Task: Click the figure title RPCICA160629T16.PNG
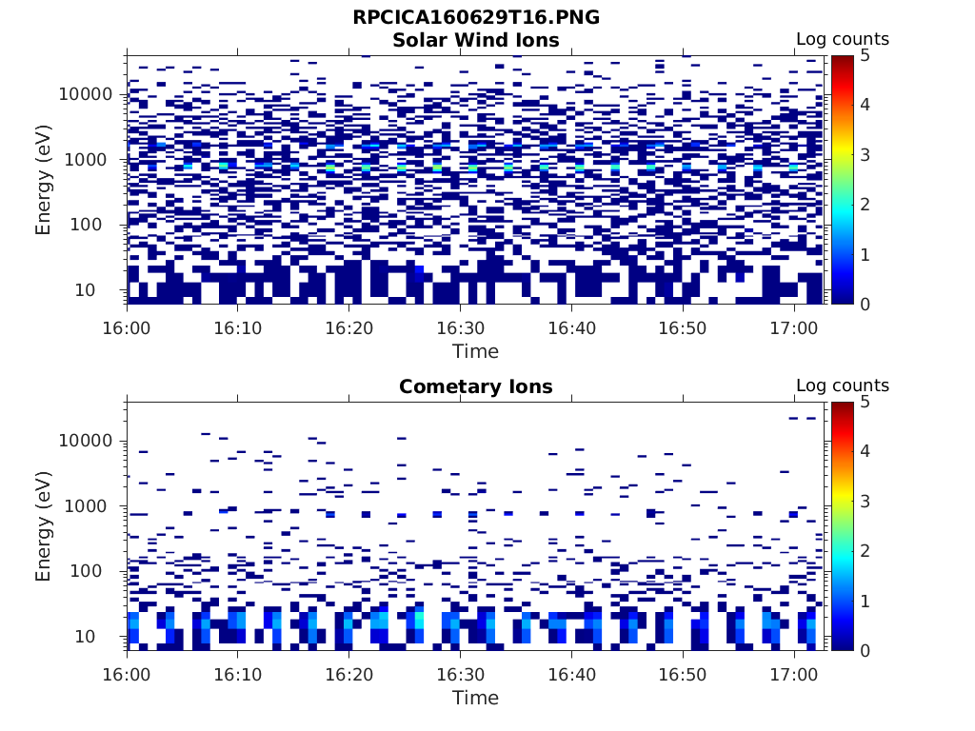tap(476, 17)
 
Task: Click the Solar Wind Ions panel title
tap(476, 40)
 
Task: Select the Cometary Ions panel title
tap(476, 386)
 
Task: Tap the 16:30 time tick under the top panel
tap(460, 327)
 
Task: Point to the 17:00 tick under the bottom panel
tap(794, 674)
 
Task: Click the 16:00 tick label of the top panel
tap(127, 327)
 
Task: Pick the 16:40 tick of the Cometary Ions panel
tap(571, 674)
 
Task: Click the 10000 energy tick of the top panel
tap(87, 94)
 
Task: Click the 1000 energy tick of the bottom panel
tap(91, 506)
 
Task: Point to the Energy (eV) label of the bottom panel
tap(44, 525)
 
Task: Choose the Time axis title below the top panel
tap(475, 351)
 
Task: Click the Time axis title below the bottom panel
tap(475, 698)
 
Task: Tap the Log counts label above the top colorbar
tap(843, 40)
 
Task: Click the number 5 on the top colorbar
tap(865, 55)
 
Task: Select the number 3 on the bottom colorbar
tap(865, 501)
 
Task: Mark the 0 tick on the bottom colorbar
tap(865, 650)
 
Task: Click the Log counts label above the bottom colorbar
tap(843, 386)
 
